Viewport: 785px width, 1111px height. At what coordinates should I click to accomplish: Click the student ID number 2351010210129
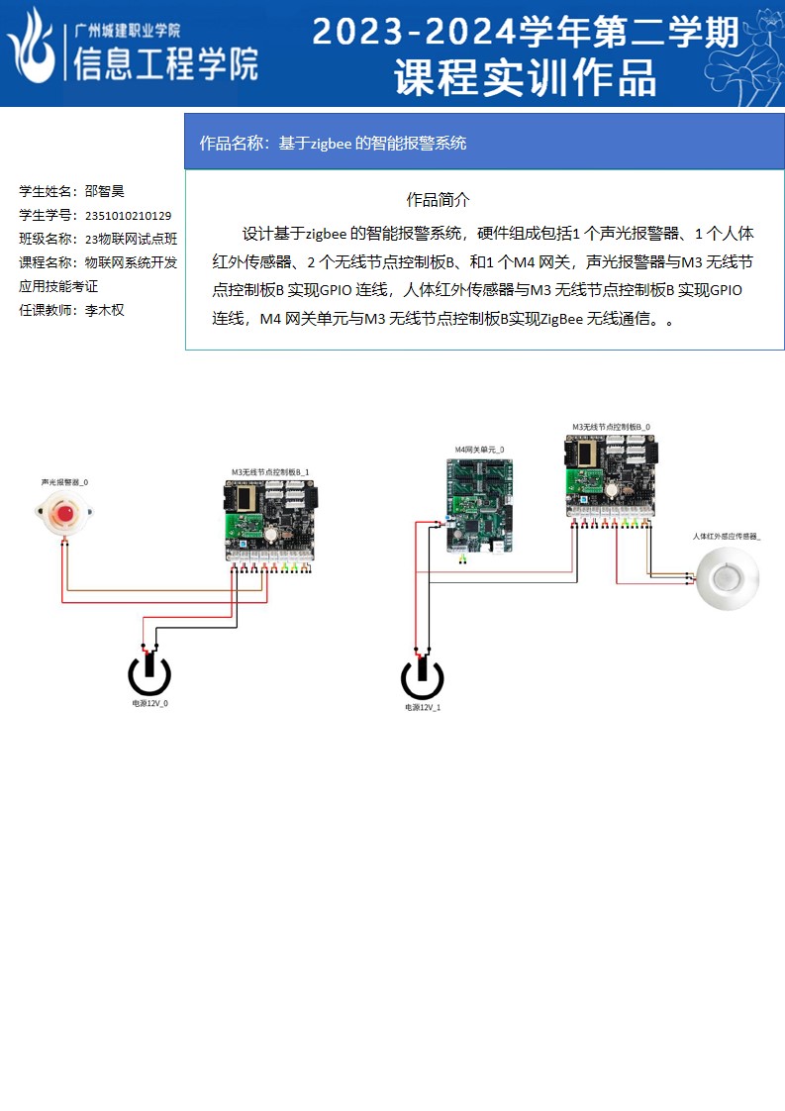pyautogui.click(x=129, y=215)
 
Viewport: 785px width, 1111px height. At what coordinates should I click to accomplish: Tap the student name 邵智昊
pyautogui.click(x=104, y=191)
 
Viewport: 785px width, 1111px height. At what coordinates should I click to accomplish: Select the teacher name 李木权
pyautogui.click(x=104, y=310)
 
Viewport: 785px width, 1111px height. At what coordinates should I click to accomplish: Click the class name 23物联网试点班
pyautogui.click(x=131, y=239)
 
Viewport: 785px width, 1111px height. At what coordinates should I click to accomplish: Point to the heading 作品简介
pyautogui.click(x=438, y=199)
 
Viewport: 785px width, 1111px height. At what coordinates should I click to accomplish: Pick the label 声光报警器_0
pyautogui.click(x=64, y=482)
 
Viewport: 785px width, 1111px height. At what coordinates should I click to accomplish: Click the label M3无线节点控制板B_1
pyautogui.click(x=270, y=471)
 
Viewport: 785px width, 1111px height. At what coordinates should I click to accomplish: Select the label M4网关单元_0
pyautogui.click(x=479, y=449)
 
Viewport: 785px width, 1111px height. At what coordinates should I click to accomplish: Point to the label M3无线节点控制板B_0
pyautogui.click(x=611, y=427)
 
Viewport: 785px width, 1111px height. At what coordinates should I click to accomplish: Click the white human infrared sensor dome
pyautogui.click(x=727, y=578)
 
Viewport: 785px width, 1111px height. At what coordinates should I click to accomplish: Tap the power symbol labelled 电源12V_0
pyautogui.click(x=149, y=674)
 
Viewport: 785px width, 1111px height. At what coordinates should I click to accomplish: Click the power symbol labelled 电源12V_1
pyautogui.click(x=422, y=678)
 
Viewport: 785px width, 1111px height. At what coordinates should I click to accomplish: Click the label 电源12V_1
pyautogui.click(x=423, y=708)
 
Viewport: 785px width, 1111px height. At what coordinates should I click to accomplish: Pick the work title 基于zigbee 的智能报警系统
pyautogui.click(x=371, y=143)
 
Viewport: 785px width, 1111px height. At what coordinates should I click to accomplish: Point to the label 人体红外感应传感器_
pyautogui.click(x=727, y=536)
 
